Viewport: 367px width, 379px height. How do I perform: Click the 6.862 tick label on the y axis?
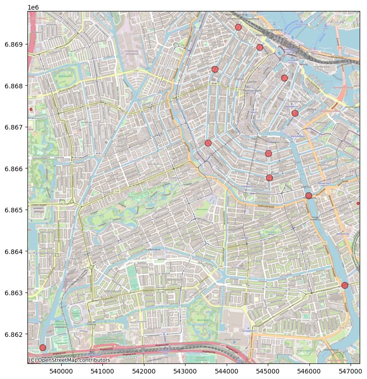tap(14, 335)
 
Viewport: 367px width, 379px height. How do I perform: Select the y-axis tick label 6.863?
tap(14, 293)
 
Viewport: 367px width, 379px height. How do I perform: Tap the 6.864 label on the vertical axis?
tap(14, 252)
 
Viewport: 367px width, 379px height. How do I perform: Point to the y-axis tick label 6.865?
tap(14, 210)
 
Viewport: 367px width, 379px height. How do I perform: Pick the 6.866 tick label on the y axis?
tap(14, 168)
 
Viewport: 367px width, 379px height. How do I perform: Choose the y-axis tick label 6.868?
tap(14, 86)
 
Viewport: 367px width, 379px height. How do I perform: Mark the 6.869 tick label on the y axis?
tap(14, 44)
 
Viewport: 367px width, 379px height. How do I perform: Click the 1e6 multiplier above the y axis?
tap(33, 7)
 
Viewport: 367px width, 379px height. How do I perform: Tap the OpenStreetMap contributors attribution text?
tap(69, 360)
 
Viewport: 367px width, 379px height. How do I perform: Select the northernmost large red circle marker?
tap(238, 27)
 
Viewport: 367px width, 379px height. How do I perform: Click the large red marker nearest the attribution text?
tap(43, 347)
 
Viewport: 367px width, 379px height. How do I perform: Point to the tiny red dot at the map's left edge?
tap(31, 109)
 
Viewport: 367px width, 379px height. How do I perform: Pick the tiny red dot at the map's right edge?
tap(358, 203)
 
